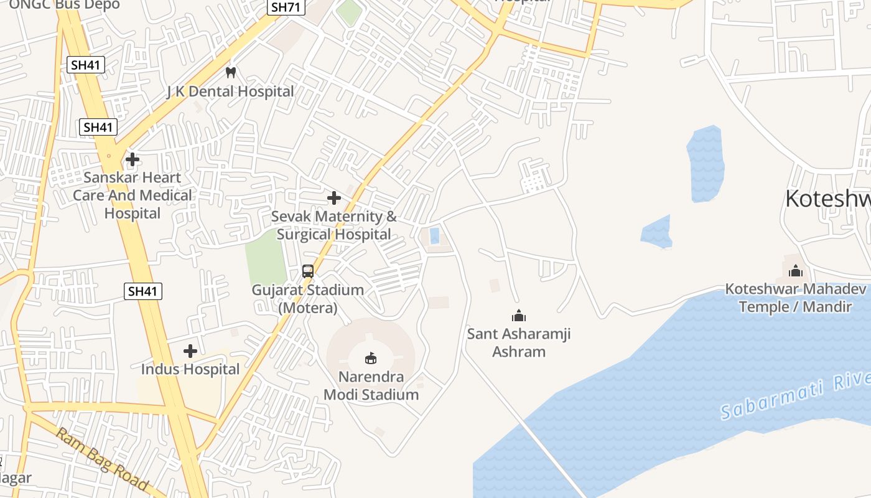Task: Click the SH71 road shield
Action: point(286,7)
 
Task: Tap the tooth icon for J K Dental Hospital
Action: point(231,72)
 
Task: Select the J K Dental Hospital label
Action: point(230,92)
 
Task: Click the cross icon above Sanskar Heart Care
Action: point(133,159)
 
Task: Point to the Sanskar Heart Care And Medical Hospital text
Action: point(133,195)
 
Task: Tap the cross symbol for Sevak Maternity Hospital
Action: point(334,198)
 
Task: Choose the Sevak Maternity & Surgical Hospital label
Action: point(334,225)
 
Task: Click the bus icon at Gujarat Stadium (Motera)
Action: point(308,271)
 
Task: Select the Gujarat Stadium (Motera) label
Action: point(308,299)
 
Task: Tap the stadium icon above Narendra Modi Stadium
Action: point(371,358)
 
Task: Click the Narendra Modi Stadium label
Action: point(371,385)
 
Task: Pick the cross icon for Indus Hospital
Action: point(190,351)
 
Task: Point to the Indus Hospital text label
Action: point(190,369)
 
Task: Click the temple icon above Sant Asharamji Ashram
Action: point(519,316)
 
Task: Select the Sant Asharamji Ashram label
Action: point(519,342)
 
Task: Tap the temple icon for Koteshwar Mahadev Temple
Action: point(796,271)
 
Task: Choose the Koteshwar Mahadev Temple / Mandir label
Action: point(796,298)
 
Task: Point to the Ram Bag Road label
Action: point(102,459)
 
